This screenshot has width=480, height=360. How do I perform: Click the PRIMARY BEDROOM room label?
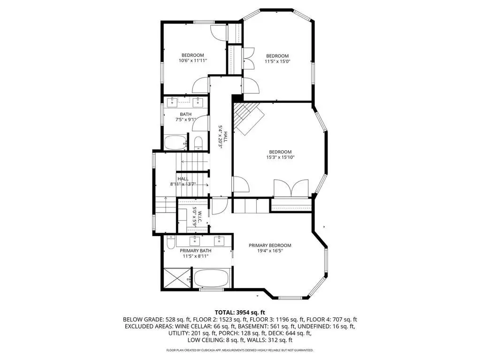(270, 245)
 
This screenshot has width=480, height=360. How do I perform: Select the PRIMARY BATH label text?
(195, 251)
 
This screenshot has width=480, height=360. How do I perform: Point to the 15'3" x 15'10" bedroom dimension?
(280, 157)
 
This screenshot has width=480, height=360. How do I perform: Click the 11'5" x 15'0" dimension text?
(277, 61)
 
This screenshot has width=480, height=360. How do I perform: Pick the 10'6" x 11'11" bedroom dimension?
(193, 61)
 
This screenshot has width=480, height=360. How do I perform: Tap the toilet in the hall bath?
(198, 143)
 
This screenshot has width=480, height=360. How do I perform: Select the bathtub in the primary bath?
(211, 278)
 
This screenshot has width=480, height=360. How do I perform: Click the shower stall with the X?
(176, 278)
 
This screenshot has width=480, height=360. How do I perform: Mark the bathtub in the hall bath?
(175, 142)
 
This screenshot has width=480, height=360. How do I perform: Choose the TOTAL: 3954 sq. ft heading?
(240, 313)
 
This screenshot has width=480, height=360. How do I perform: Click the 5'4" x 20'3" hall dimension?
(222, 137)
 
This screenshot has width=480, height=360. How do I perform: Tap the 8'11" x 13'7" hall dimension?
(183, 184)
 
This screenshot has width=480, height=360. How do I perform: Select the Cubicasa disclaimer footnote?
(240, 350)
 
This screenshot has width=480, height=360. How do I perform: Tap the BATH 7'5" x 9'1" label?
(185, 117)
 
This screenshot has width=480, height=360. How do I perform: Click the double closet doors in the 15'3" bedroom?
(291, 188)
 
